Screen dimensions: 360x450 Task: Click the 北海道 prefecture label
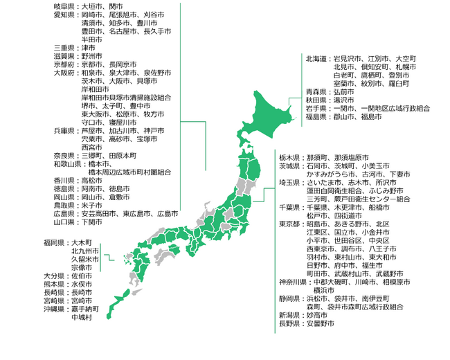317,58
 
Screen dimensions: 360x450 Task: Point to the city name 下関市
92,222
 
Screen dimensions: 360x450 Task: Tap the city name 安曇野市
321,323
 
